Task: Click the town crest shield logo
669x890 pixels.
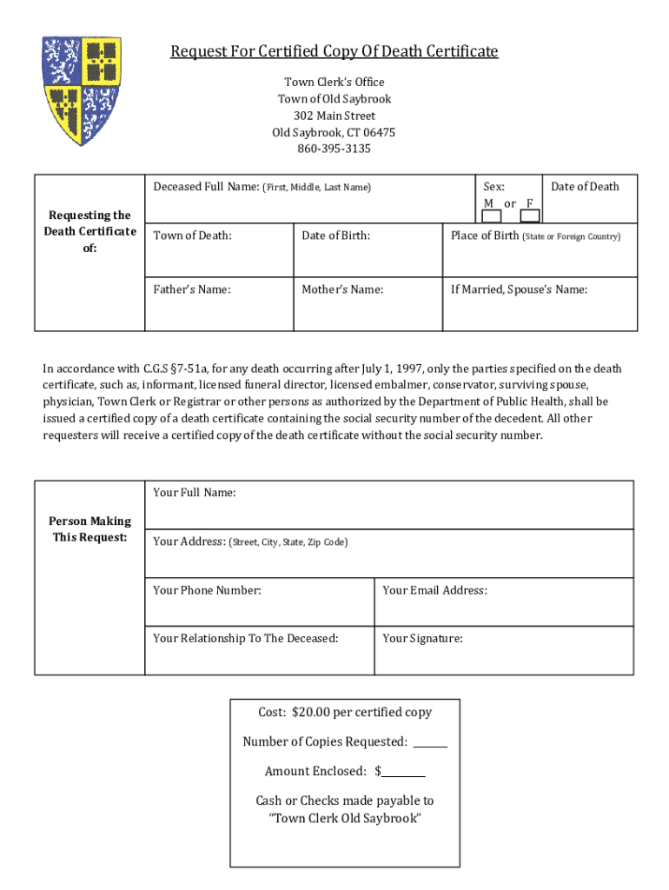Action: point(83,90)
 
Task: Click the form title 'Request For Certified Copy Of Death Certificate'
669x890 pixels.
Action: point(334,52)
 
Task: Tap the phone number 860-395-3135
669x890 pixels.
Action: point(334,149)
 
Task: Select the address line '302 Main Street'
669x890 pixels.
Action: point(334,116)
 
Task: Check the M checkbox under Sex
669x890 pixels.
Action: point(492,216)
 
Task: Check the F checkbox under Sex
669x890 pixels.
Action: point(530,216)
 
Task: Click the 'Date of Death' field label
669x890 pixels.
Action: point(585,186)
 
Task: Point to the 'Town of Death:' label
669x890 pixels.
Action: point(193,236)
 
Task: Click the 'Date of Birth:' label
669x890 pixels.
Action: point(336,236)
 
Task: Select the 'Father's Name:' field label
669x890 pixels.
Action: point(192,289)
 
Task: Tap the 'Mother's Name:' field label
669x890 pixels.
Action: point(342,289)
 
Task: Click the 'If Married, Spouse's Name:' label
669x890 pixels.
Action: point(519,289)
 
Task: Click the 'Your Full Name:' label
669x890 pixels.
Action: point(195,493)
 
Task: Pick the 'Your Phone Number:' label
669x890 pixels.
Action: point(207,590)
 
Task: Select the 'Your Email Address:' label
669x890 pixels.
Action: point(434,590)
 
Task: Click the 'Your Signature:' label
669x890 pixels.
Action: point(422,639)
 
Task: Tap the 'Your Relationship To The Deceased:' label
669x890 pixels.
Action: point(246,639)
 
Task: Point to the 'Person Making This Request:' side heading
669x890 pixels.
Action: point(89,529)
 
